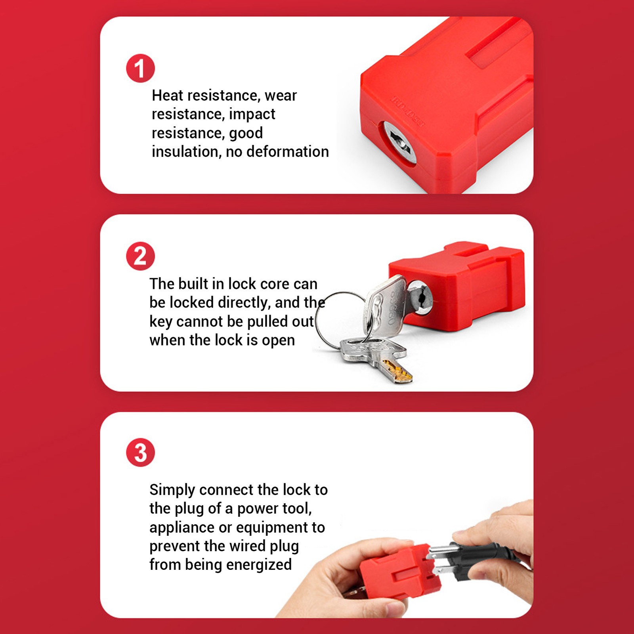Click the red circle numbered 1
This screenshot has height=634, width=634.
(140, 68)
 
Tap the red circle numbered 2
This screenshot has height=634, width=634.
(140, 256)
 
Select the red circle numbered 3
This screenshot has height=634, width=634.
(140, 453)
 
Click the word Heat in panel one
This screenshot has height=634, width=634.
(167, 95)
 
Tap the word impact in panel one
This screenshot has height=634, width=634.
(252, 115)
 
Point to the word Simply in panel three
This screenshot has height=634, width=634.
(172, 490)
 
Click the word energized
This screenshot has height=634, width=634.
(259, 565)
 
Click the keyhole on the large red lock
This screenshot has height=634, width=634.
(399, 142)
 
